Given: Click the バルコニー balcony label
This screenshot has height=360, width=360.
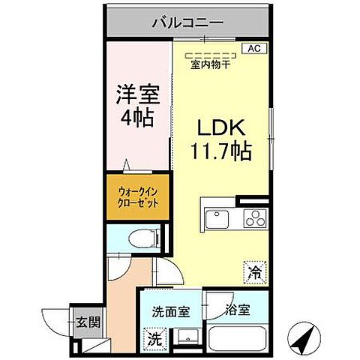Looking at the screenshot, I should click(187, 23).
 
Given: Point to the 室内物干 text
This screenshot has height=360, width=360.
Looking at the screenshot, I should click(210, 64).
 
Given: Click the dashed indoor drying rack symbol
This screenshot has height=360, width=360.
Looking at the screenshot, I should click(209, 54).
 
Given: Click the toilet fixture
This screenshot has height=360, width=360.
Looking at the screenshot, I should click(142, 239).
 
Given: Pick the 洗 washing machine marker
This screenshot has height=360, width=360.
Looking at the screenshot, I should click(153, 338).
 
